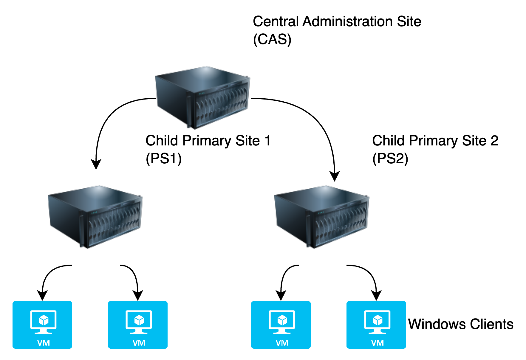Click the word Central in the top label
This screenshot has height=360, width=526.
(x=276, y=22)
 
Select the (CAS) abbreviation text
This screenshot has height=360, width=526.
(x=272, y=40)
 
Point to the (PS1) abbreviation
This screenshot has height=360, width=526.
(x=163, y=159)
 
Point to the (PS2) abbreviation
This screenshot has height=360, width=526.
(x=390, y=159)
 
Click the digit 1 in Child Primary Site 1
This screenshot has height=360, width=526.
(x=267, y=141)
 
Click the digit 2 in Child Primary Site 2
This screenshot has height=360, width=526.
(x=494, y=141)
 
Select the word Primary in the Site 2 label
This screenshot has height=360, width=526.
(x=433, y=141)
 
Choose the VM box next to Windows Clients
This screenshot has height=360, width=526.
(x=376, y=325)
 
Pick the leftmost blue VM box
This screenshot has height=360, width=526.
(x=42, y=325)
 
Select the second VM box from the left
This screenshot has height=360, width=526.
(x=138, y=325)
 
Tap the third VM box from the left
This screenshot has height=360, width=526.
(x=281, y=325)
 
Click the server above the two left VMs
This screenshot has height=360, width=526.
(x=95, y=217)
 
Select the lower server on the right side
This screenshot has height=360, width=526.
(x=321, y=217)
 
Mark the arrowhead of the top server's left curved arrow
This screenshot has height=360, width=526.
(x=96, y=165)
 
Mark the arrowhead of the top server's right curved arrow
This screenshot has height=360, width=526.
(x=335, y=176)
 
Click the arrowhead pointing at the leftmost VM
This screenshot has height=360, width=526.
(x=42, y=296)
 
